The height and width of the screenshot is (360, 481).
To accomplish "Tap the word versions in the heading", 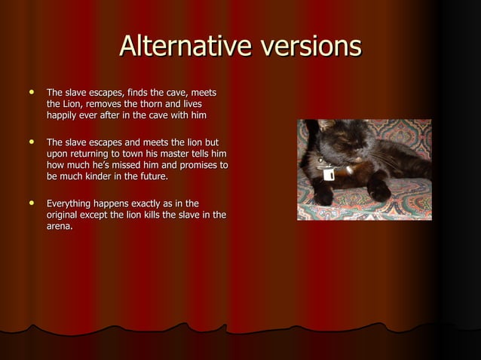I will click(309, 47).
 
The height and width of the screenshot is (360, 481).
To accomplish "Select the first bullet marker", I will click(31, 90).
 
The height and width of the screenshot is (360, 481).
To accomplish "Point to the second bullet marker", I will click(31, 140).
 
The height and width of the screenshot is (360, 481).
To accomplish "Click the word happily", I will click(64, 115).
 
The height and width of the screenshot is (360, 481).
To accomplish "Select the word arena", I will click(59, 227).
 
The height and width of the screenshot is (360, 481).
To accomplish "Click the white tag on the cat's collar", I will click(329, 174).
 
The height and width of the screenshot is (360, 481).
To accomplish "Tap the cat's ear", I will click(326, 126).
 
